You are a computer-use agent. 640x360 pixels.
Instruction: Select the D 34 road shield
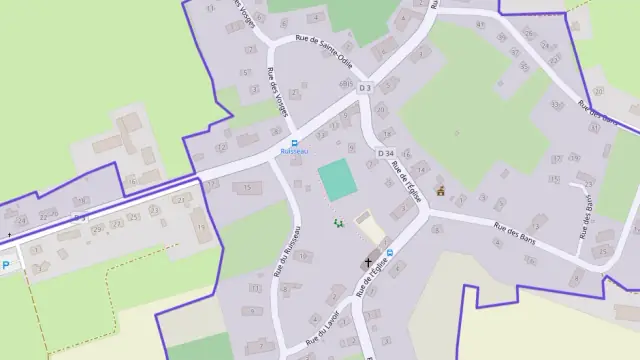point(387,152)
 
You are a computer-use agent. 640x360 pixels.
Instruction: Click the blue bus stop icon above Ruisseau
point(294,141)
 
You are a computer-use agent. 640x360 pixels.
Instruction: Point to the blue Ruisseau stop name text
point(294,151)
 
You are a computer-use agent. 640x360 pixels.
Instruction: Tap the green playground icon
point(339,222)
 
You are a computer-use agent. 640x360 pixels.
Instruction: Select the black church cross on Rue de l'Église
point(367,262)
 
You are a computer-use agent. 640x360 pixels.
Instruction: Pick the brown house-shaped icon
point(440,191)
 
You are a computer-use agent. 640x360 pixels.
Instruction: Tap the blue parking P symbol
point(6,265)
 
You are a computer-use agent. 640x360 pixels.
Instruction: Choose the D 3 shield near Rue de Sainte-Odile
point(364,88)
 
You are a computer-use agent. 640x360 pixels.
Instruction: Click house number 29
point(97,230)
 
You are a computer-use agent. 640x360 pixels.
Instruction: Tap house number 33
point(555,104)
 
